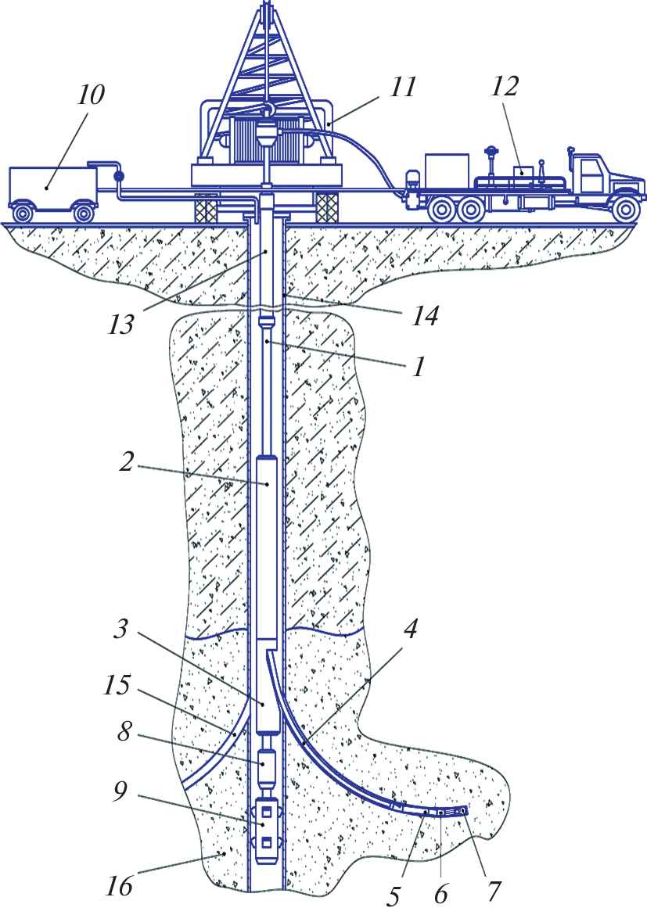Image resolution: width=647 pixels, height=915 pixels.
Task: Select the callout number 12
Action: coord(505,86)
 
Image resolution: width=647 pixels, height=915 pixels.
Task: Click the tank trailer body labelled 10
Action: coord(51,185)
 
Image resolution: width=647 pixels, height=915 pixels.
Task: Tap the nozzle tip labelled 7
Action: coord(463,811)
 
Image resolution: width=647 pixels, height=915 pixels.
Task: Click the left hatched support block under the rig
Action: coord(206,206)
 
